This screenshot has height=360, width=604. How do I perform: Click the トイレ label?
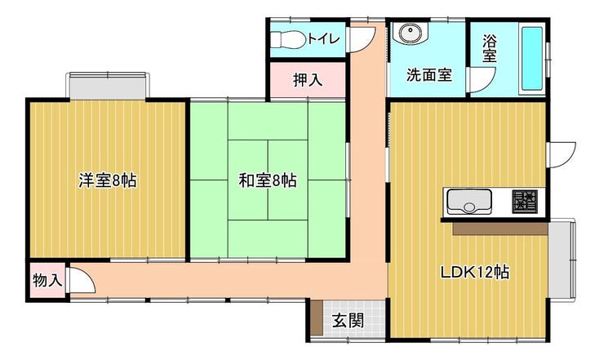323,38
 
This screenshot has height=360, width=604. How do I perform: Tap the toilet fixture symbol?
288,39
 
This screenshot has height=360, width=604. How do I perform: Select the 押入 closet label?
308,80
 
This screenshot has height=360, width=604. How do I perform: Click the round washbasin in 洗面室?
411,33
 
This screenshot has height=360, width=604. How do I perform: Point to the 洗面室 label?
429,75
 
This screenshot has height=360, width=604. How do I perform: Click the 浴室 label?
490,48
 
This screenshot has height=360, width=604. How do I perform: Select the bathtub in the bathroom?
531,58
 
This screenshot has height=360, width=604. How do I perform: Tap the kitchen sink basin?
469,202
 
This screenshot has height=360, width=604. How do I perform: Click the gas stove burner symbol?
525,201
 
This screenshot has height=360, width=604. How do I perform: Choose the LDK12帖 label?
475,273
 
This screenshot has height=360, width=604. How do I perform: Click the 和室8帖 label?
268,180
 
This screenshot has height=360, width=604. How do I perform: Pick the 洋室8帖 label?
108,180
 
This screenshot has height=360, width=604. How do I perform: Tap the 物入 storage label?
47,280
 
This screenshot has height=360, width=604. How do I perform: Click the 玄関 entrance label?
349,320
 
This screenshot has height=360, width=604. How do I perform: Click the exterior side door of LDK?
561,154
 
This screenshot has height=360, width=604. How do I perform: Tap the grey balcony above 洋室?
108,86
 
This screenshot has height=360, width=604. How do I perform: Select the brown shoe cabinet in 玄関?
317,318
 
